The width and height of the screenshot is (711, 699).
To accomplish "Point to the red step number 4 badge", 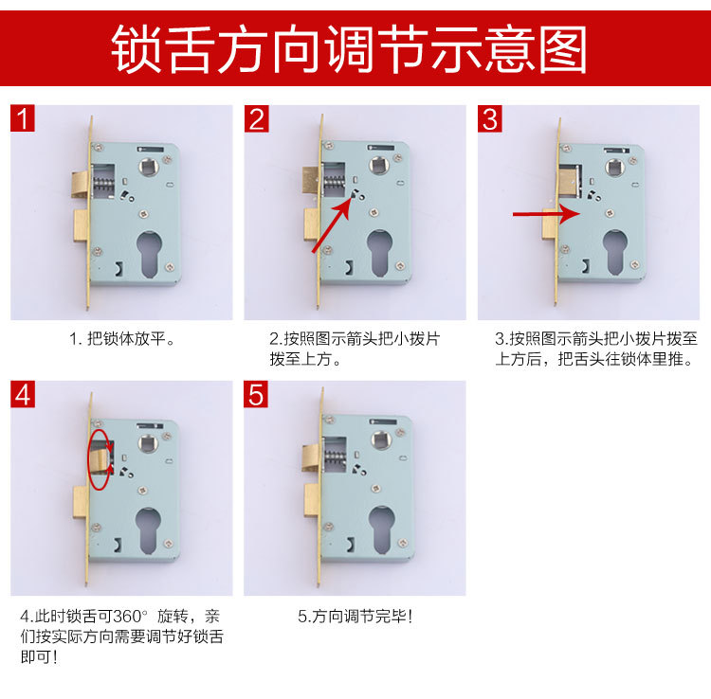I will pyautogui.click(x=24, y=395).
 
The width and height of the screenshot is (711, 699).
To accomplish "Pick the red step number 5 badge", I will pyautogui.click(x=257, y=395).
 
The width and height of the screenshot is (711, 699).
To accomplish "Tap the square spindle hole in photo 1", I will pyautogui.click(x=149, y=169).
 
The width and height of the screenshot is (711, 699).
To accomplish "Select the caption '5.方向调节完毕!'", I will pyautogui.click(x=355, y=617).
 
